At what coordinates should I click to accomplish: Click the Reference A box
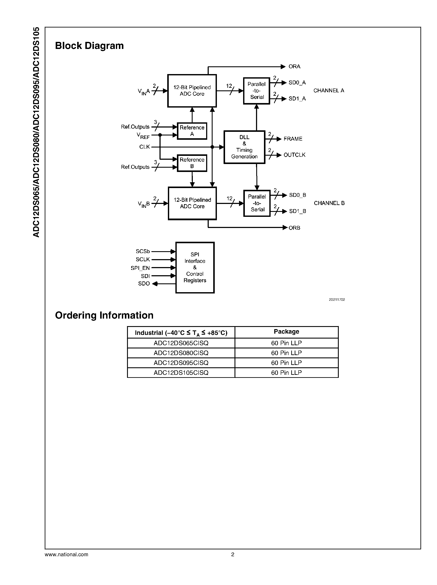pos(192,131)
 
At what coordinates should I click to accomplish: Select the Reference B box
pos(192,163)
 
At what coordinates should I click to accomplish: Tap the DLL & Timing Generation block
pos(244,147)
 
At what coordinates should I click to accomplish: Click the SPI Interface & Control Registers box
pos(195,267)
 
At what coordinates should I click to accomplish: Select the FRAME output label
pos(293,139)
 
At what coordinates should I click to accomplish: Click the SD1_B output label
pos(297,211)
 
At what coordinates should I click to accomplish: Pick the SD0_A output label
pos(297,83)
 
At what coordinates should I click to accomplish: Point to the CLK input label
pos(144,147)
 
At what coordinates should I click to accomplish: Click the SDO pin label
pos(144,284)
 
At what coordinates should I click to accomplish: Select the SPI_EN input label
pos(140,268)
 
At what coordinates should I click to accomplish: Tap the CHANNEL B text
pos(329,203)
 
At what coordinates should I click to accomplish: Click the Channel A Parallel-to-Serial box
pos(256,91)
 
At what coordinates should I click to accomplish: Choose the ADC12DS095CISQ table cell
pos(181,363)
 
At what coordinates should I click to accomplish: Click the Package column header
pos(286,332)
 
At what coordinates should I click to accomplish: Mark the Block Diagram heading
pos(89,46)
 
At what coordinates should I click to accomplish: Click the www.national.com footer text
pos(66,554)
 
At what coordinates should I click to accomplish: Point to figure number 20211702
pos(337,300)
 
